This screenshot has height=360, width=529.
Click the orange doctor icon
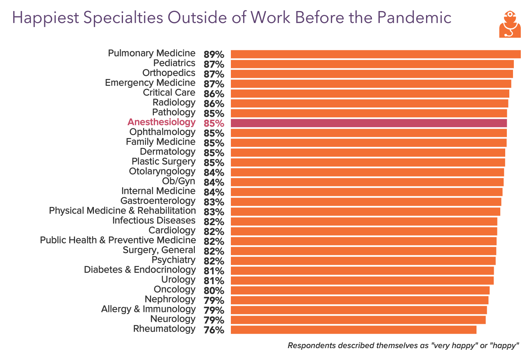coord(510,24)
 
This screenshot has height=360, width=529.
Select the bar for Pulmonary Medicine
coord(375,54)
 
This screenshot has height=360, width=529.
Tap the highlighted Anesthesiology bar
coord(369,123)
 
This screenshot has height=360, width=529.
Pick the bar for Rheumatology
coord(353,330)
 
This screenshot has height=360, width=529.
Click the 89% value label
coord(214,55)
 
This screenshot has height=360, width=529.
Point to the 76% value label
coord(214,330)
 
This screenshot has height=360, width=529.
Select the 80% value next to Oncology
coord(214,291)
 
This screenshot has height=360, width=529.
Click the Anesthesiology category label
coord(162,122)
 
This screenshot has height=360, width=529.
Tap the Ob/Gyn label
coord(179,181)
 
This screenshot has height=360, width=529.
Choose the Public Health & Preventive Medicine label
coord(118,240)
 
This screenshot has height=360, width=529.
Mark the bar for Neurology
coord(358,320)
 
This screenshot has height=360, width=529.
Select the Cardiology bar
coord(364,231)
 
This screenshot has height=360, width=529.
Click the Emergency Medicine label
coord(150,83)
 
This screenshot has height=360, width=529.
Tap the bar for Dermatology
coord(368,153)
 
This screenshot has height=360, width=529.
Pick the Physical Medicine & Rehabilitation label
coord(122,211)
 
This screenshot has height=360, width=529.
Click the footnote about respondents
coord(403,345)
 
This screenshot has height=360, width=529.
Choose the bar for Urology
coord(362,280)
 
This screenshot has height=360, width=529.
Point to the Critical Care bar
coord(370,93)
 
